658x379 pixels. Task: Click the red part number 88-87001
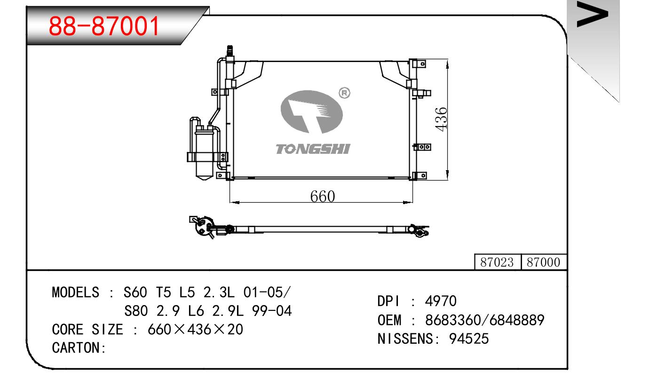coord(104,26)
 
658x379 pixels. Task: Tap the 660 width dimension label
coord(322,197)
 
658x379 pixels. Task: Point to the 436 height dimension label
coord(441,119)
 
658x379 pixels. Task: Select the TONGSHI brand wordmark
coord(313,149)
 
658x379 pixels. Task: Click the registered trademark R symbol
coord(344,93)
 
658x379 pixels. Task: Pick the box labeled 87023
coord(497,262)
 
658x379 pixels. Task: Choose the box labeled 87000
coord(544,262)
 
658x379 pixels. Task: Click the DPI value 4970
coord(441,301)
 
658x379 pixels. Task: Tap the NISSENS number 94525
coord(469,339)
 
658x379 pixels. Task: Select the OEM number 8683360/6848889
coord(485,320)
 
